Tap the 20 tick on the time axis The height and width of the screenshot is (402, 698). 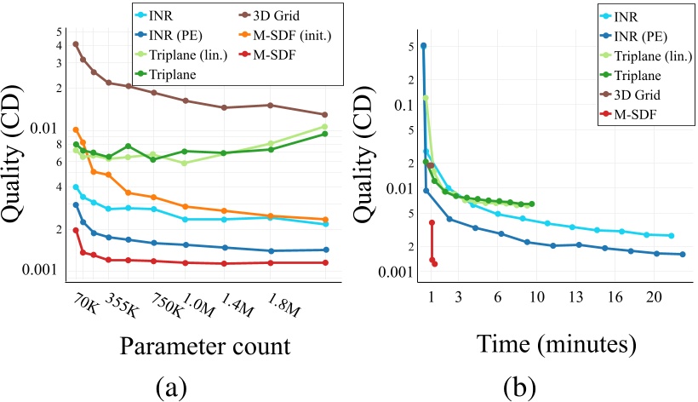click(654, 296)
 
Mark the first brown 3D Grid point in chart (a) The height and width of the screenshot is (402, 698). click(76, 44)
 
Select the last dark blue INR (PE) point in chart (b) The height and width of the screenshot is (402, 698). click(683, 255)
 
